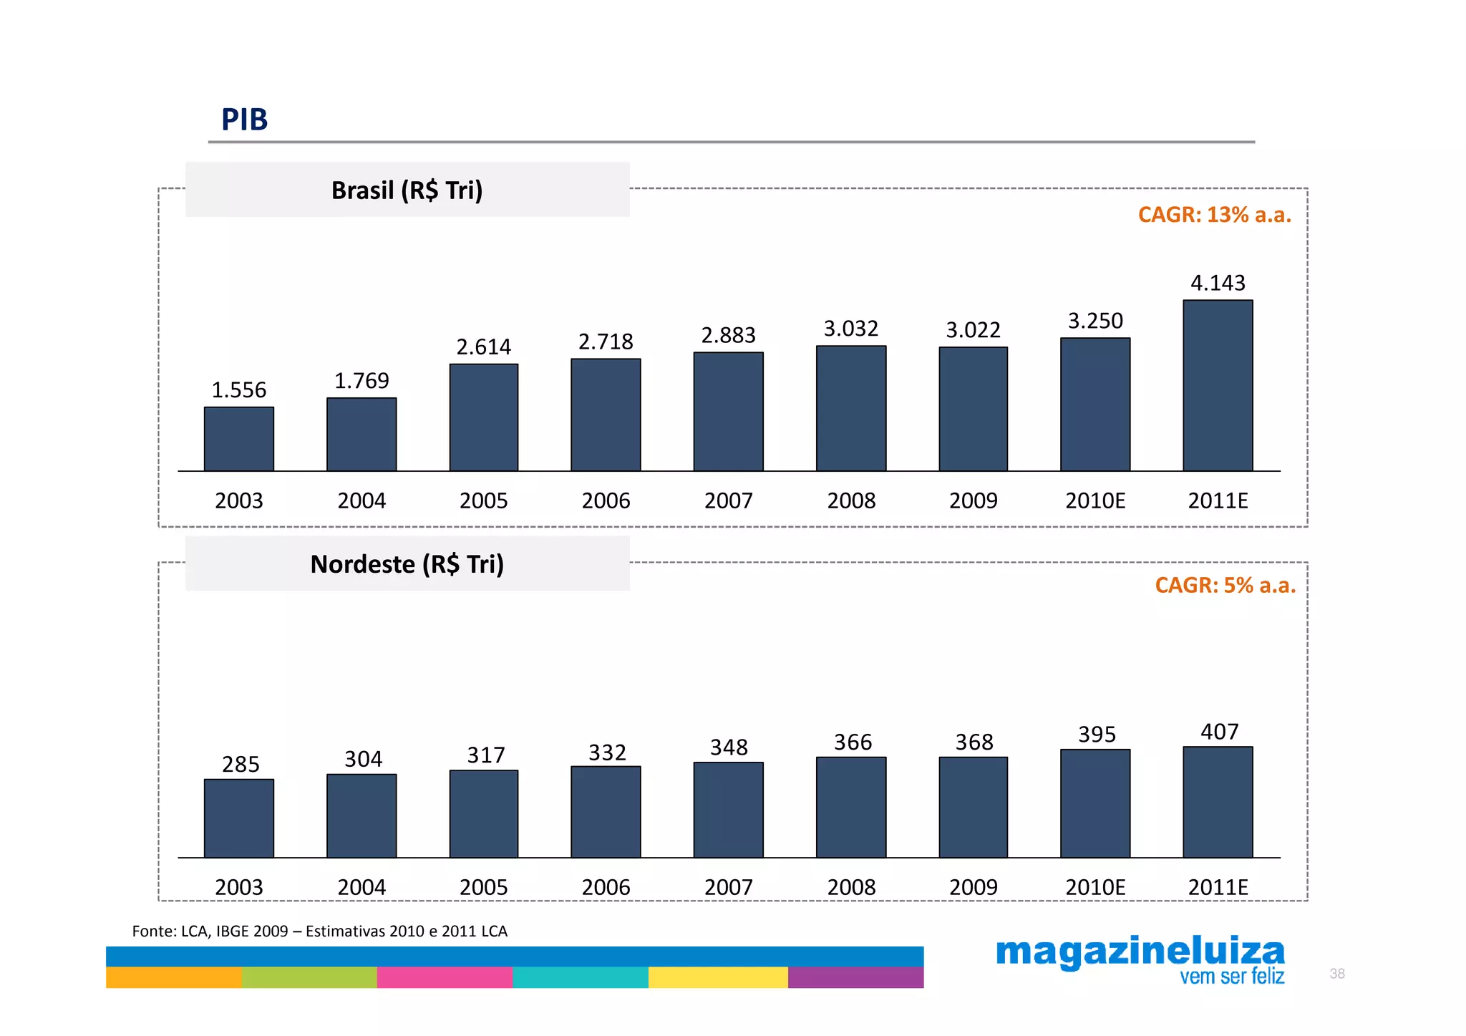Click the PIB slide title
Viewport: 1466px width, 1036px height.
click(x=244, y=120)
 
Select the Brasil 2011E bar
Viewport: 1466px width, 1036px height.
click(x=1217, y=386)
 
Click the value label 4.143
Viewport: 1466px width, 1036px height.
click(x=1217, y=283)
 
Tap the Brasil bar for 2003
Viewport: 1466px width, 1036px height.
click(x=239, y=439)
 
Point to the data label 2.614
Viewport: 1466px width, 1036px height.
click(x=484, y=347)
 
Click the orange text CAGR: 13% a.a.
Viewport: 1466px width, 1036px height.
click(x=1214, y=215)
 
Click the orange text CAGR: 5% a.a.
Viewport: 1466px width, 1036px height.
click(x=1225, y=586)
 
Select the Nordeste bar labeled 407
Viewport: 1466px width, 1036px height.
click(x=1217, y=802)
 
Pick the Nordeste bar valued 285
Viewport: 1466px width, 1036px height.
click(x=239, y=818)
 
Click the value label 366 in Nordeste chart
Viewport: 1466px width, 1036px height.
click(x=853, y=742)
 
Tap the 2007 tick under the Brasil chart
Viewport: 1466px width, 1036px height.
click(x=728, y=500)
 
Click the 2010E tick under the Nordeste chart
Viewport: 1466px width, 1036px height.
click(x=1095, y=887)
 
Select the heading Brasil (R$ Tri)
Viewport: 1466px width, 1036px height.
click(x=407, y=190)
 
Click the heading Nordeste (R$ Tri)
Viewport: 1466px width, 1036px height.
click(x=407, y=564)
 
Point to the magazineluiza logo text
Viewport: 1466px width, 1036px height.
click(x=1140, y=952)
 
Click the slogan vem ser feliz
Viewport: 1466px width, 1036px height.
click(x=1231, y=977)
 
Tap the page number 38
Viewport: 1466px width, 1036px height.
click(x=1336, y=974)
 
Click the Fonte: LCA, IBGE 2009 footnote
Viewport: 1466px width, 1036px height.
click(x=319, y=931)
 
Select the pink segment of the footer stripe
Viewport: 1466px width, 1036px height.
click(x=445, y=977)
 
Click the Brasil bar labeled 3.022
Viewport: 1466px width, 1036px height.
click(x=973, y=409)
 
